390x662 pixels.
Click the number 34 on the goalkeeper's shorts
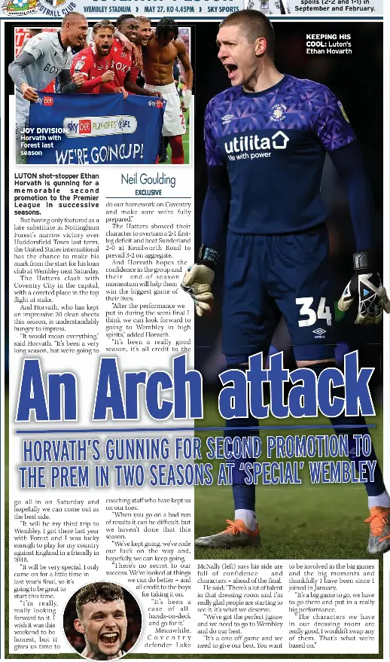point(314,311)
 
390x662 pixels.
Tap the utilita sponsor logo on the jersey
point(256,143)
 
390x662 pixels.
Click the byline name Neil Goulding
point(148,180)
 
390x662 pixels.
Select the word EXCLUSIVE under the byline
point(148,193)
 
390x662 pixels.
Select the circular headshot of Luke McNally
point(102,619)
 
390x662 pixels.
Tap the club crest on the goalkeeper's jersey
point(277,113)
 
